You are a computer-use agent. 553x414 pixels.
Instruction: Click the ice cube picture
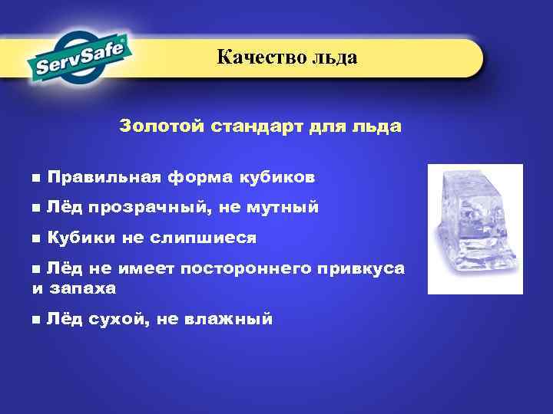tap(475, 228)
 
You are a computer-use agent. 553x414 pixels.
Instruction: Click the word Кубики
tap(81, 238)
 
